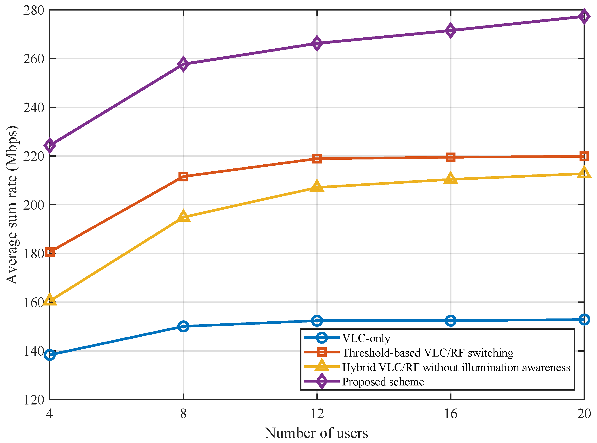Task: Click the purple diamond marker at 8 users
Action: [x=183, y=64]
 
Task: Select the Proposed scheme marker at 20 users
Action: [x=584, y=16]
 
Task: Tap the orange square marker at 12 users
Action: [x=317, y=159]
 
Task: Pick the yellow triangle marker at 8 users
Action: [x=183, y=216]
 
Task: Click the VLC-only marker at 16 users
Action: [x=451, y=321]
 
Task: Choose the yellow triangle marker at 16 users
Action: [x=451, y=178]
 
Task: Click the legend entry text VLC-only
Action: [x=366, y=338]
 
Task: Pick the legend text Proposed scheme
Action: [x=383, y=382]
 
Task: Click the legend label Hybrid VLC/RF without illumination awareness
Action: [x=456, y=367]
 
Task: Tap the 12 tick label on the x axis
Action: [x=317, y=414]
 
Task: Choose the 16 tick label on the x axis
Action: [x=451, y=414]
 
